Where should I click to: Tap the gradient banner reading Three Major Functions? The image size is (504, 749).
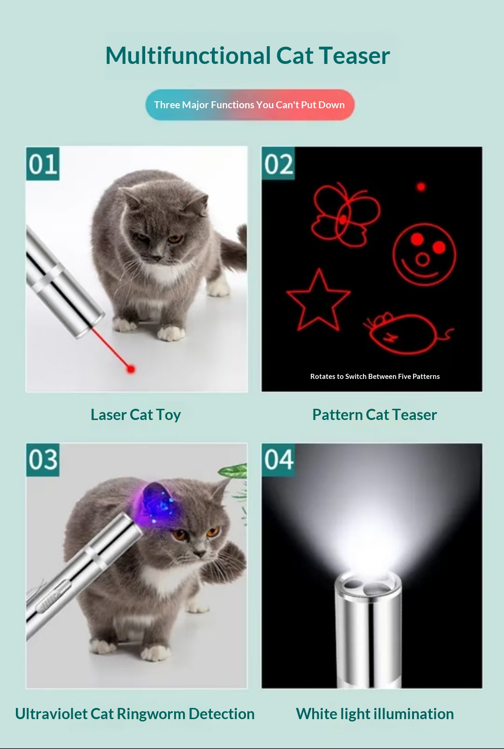pyautogui.click(x=250, y=105)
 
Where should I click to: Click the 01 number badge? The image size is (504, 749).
pyautogui.click(x=43, y=164)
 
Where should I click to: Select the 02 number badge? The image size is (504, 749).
pyautogui.click(x=278, y=164)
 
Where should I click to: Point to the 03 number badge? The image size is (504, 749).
pyautogui.click(x=43, y=460)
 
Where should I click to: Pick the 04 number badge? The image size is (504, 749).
pyautogui.click(x=279, y=460)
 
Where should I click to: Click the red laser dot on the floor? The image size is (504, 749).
pyautogui.click(x=131, y=369)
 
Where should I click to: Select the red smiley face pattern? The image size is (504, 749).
pyautogui.click(x=424, y=254)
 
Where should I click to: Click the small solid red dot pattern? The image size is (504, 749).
pyautogui.click(x=421, y=187)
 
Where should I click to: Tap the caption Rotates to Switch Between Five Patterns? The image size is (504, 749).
pyautogui.click(x=375, y=377)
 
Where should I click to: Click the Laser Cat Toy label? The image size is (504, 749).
pyautogui.click(x=136, y=415)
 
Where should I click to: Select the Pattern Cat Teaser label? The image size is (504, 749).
pyautogui.click(x=375, y=414)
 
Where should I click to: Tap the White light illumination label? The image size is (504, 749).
pyautogui.click(x=375, y=714)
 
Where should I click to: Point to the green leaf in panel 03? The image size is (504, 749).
pyautogui.click(x=233, y=470)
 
